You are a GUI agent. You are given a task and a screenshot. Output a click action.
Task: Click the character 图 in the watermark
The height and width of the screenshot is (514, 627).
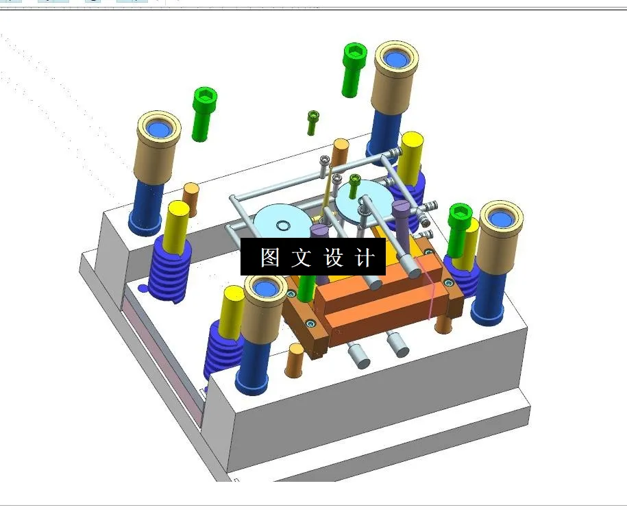coord(269,258)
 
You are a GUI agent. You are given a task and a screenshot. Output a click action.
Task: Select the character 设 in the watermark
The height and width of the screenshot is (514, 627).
coord(334,258)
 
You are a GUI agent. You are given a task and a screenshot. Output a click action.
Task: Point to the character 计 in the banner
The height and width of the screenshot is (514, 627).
coord(365,258)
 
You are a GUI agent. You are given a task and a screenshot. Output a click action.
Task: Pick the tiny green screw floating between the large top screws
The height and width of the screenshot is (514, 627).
coord(313,121)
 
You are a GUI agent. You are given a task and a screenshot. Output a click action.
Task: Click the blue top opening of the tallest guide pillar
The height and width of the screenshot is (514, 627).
coord(395,58)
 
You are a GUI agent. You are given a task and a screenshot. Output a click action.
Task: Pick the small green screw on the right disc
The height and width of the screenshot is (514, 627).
coord(354,185)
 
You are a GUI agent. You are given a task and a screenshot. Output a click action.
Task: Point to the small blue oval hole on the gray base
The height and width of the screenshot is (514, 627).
coord(142,288)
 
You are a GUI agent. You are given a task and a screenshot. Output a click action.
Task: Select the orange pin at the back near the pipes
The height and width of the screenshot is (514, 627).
coord(340,153)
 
